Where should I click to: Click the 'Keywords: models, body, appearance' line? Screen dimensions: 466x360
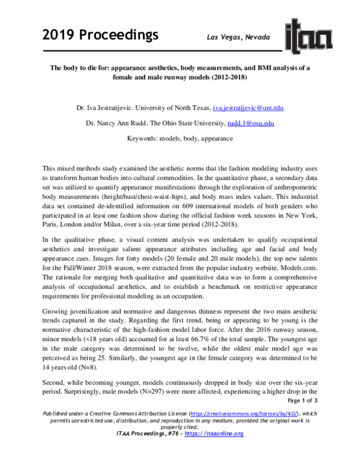click(180, 138)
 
